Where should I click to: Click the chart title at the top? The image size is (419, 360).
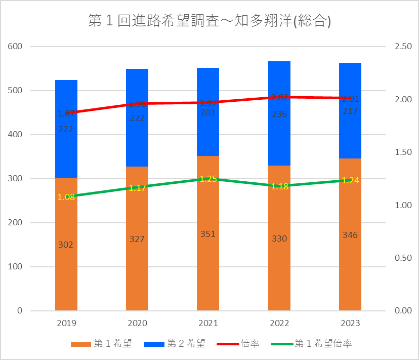point(209,21)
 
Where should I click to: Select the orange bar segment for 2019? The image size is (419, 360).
point(66,263)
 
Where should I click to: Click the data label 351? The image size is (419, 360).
point(208,234)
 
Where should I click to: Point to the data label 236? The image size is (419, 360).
point(279,114)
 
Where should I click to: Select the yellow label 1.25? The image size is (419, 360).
point(208,179)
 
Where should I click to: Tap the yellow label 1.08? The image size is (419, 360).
point(66,197)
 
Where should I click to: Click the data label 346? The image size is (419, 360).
point(350,235)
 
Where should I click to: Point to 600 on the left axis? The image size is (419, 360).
point(15,47)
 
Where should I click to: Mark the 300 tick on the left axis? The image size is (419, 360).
point(15,179)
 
